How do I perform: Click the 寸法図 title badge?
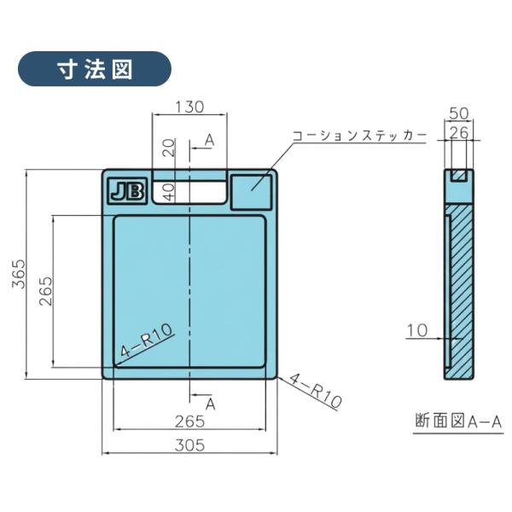pos(94,69)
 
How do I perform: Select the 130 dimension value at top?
pos(189,108)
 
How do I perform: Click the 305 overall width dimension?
pos(189,445)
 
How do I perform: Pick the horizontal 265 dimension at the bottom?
pos(189,421)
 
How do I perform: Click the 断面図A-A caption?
pos(457,422)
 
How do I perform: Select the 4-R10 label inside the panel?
pos(147,338)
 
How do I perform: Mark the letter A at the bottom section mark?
pos(210,403)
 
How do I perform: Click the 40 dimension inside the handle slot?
pos(169,191)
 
